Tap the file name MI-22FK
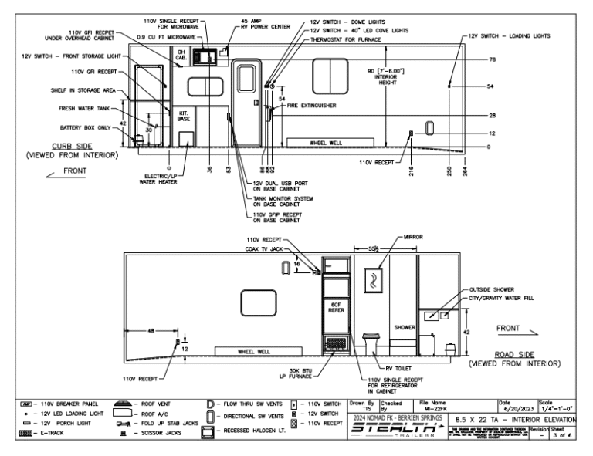pos(434,408)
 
